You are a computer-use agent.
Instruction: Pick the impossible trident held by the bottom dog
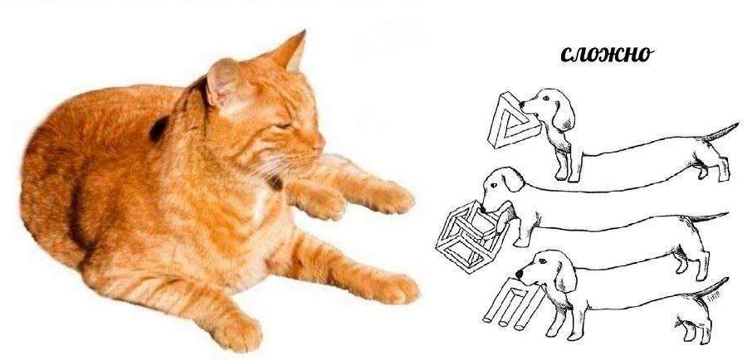(513, 300)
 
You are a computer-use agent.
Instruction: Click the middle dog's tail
(706, 216)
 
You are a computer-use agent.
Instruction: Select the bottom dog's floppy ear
(565, 275)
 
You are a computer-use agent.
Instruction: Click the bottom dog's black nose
(519, 275)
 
